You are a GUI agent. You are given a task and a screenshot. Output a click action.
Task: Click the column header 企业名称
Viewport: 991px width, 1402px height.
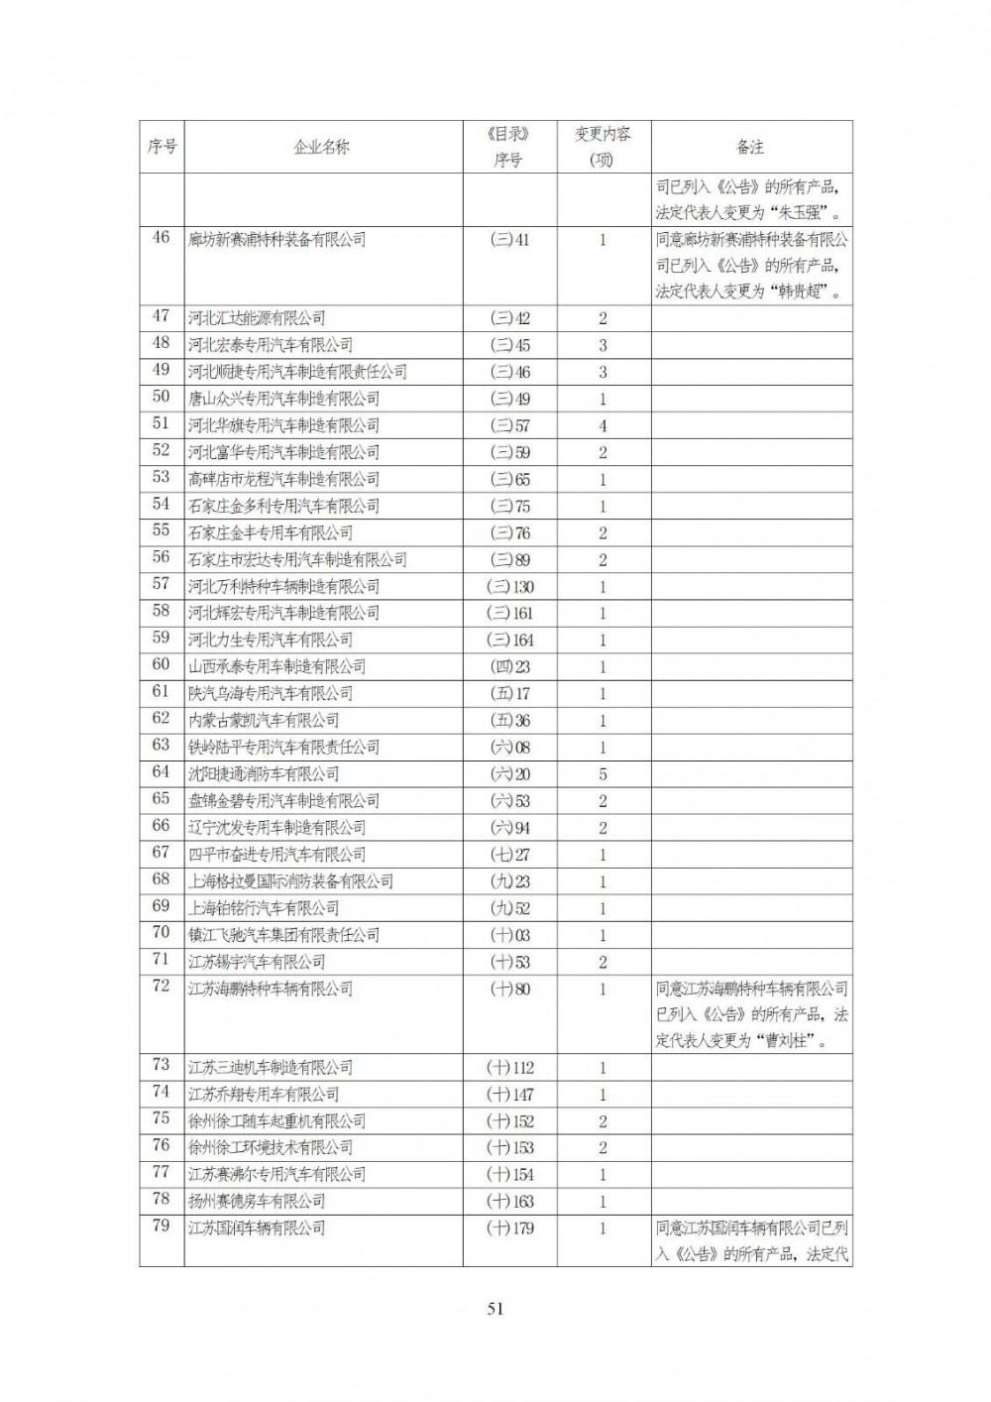322,147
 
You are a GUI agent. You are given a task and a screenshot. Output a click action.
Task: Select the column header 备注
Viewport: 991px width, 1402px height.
750,147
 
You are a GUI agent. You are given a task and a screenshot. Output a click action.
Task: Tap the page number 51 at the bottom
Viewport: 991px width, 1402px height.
495,1308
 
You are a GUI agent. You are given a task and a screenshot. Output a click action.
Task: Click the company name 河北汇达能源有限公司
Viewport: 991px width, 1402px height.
257,318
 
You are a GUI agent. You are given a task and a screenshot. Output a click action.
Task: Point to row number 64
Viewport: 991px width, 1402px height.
161,772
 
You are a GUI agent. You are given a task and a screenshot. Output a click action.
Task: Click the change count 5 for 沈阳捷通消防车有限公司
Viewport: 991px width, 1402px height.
603,774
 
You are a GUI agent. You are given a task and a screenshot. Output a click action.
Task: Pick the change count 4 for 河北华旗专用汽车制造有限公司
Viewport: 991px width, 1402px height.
603,426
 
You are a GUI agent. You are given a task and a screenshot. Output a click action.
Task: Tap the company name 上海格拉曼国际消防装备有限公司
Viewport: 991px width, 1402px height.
290,881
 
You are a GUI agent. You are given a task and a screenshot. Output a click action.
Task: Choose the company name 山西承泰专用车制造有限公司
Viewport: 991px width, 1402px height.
276,667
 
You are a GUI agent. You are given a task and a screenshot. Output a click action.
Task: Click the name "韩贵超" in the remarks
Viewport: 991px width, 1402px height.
801,292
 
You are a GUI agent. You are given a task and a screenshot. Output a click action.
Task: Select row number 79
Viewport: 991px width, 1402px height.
161,1227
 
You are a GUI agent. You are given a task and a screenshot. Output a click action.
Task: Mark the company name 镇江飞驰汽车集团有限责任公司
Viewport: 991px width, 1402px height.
283,935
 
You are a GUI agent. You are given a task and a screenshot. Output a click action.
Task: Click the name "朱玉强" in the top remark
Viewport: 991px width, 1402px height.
801,212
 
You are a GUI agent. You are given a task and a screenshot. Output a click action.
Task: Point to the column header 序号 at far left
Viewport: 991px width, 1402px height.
162,147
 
